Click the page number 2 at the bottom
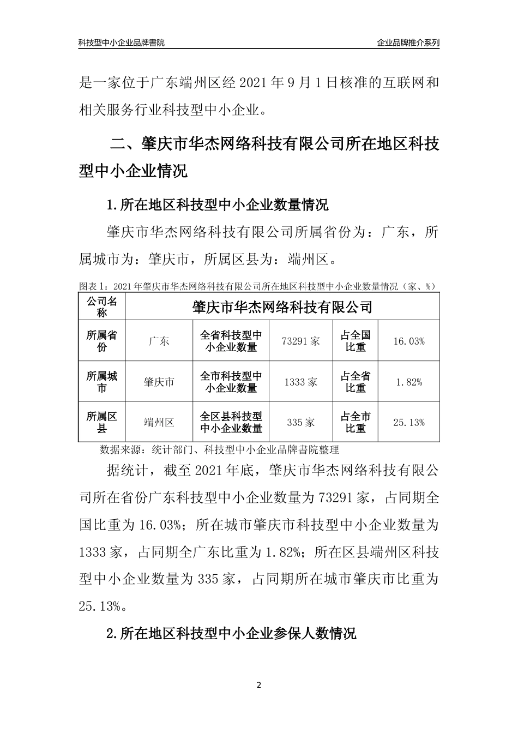click(x=259, y=685)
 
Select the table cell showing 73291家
click(x=301, y=341)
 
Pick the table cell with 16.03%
click(x=408, y=341)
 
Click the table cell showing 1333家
click(x=301, y=382)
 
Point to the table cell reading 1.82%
click(x=408, y=382)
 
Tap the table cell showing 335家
click(x=301, y=423)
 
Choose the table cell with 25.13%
click(x=408, y=423)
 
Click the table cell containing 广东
click(x=159, y=341)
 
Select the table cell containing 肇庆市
click(x=159, y=382)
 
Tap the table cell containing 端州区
click(x=159, y=423)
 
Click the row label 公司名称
click(x=102, y=307)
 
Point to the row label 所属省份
click(x=102, y=341)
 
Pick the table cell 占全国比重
click(x=356, y=341)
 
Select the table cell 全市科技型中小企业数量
click(x=231, y=382)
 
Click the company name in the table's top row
click(x=282, y=307)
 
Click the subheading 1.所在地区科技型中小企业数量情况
click(x=218, y=206)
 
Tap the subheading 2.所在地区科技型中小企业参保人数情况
click(x=232, y=633)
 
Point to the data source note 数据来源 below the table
click(x=219, y=450)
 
